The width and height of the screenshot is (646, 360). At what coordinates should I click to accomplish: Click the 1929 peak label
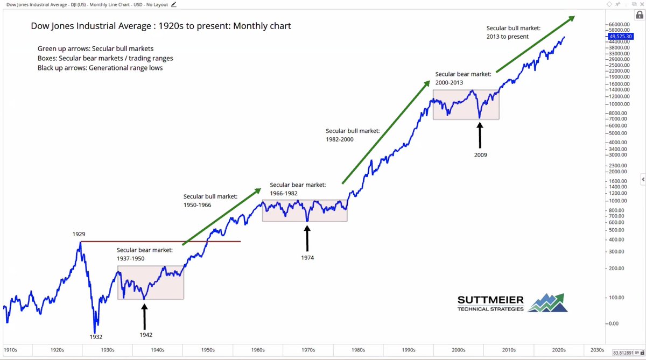click(x=79, y=235)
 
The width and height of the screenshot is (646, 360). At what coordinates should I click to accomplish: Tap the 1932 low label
click(x=96, y=337)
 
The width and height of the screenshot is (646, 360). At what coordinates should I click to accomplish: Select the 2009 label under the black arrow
click(x=480, y=155)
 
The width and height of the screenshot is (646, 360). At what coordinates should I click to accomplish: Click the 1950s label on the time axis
click(x=207, y=350)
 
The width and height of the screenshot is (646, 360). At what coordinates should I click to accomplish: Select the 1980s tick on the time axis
click(x=358, y=350)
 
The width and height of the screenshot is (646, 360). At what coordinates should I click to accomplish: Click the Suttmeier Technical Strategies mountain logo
click(x=547, y=303)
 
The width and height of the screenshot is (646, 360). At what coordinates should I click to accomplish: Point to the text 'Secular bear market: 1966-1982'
click(x=297, y=189)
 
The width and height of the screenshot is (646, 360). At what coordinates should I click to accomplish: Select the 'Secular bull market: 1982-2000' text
click(x=353, y=135)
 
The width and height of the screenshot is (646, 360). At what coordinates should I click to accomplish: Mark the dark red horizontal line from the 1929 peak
click(x=161, y=242)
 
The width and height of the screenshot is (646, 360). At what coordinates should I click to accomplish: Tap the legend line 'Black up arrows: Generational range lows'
click(x=100, y=68)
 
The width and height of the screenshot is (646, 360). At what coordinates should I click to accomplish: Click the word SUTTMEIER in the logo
click(x=490, y=300)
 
